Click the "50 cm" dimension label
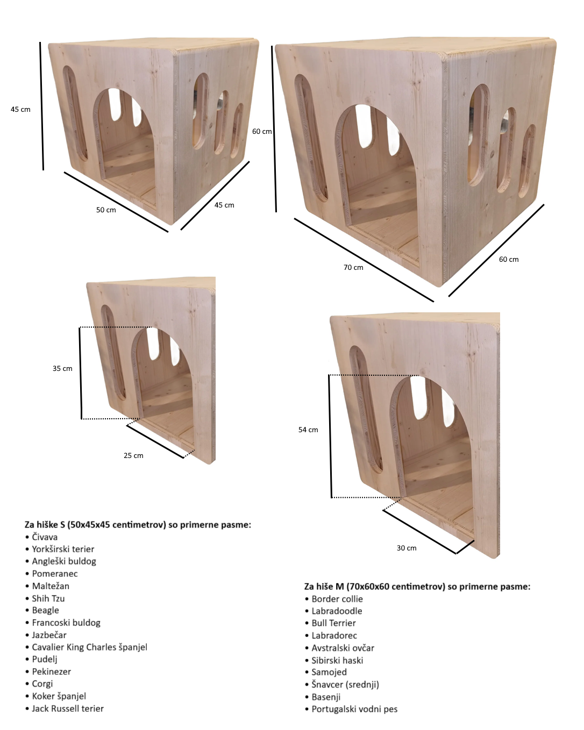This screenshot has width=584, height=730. coord(106,210)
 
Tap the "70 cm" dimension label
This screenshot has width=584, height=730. coord(353,268)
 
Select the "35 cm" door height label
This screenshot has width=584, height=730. coord(62,369)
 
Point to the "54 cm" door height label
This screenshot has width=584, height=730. coord(308,430)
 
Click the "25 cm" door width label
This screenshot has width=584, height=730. coord(133,456)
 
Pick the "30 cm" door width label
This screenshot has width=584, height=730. coord(407,548)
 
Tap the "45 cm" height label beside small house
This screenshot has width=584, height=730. coord(20,110)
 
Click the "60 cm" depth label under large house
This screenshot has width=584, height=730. coord(509,260)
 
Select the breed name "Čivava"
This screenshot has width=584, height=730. coord(45,537)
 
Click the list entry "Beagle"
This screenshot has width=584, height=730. coord(45,611)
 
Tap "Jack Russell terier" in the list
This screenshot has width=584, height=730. coord(68,708)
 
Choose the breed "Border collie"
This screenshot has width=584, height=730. coord(337,599)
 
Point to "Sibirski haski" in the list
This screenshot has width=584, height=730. coord(337,660)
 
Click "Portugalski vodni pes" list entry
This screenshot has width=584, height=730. coord(354,709)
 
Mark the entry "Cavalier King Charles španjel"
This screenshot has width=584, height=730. coord(89,647)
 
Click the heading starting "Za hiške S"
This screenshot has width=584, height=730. coord(138,525)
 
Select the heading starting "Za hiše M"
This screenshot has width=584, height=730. coord(417,586)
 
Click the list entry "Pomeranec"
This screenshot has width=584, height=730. coord(54,574)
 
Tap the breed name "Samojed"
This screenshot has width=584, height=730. coord(329,672)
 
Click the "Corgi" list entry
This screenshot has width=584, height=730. coord(42,684)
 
